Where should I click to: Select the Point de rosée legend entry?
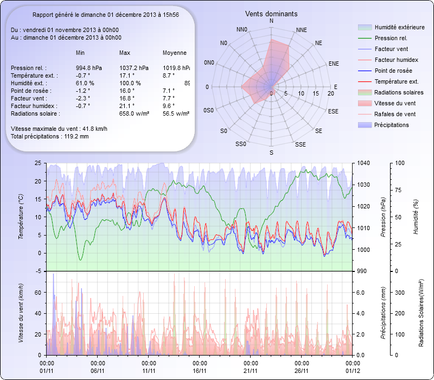point(393,71)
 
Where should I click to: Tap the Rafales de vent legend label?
point(395,114)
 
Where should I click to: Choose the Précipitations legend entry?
point(391,125)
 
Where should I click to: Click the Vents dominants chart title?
point(271,14)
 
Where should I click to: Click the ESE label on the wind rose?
point(334,111)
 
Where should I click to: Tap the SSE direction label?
point(300,144)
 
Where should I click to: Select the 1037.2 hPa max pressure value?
point(134,68)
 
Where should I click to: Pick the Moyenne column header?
point(175,53)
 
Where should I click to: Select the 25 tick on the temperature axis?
point(37,163)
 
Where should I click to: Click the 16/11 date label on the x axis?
point(200,371)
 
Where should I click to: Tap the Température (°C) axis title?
point(22,217)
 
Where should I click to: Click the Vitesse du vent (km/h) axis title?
point(22,313)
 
